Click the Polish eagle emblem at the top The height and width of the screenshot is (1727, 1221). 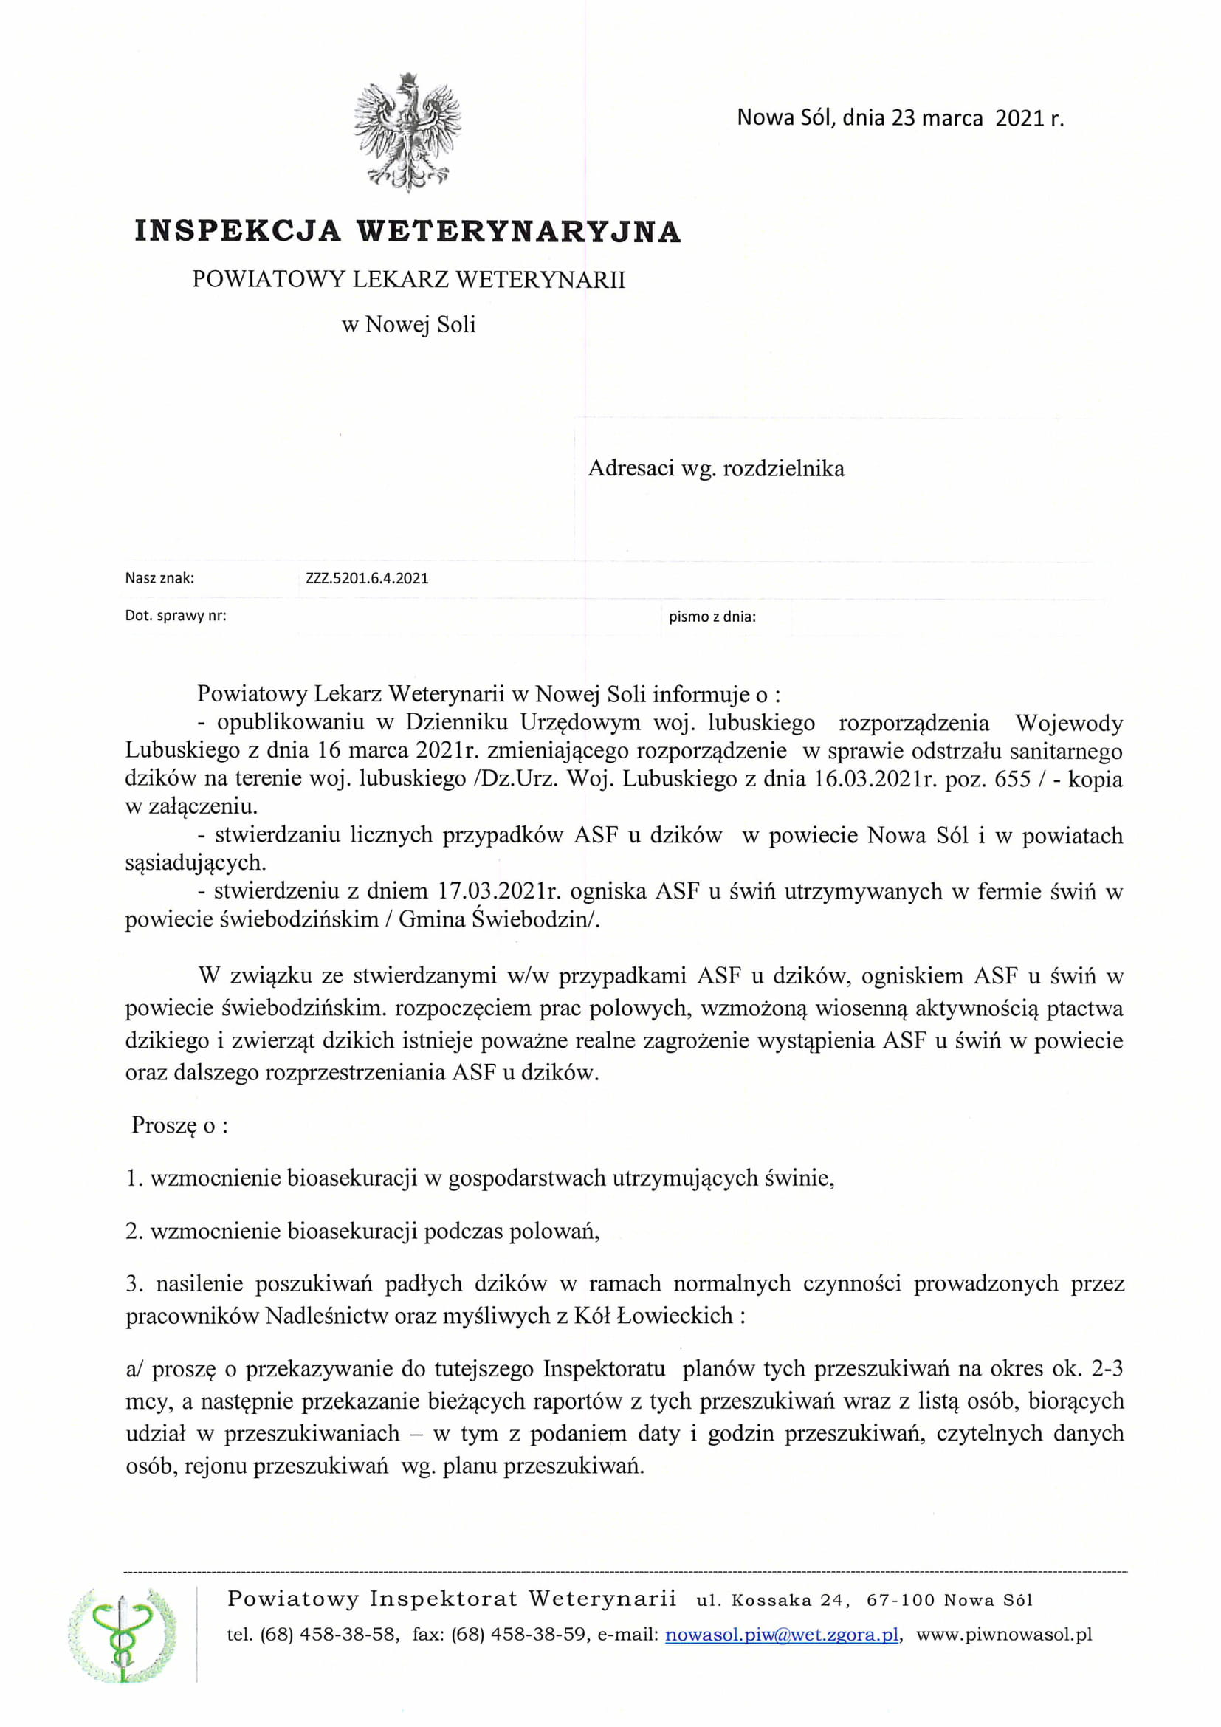click(x=407, y=132)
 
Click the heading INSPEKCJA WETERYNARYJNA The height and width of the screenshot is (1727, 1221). click(x=407, y=231)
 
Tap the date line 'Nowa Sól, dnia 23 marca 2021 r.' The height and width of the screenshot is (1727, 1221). click(x=900, y=118)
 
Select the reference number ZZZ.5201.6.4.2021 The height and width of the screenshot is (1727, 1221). click(x=367, y=578)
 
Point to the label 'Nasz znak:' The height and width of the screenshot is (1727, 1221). click(x=159, y=578)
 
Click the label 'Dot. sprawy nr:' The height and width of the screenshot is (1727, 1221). click(x=175, y=615)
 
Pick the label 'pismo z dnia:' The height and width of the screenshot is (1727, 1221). click(x=712, y=617)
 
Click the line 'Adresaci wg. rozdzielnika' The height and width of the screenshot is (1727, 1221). click(x=716, y=469)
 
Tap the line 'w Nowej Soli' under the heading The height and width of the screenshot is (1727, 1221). click(x=408, y=325)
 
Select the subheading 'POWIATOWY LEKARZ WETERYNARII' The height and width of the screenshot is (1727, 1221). click(x=408, y=280)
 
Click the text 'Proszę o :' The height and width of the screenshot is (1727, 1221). click(x=179, y=1125)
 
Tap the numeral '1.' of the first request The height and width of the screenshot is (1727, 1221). click(x=134, y=1178)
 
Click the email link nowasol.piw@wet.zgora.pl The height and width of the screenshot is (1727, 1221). click(x=782, y=1635)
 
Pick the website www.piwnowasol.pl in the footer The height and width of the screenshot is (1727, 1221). click(x=1004, y=1635)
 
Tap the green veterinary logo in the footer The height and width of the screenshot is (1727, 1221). click(x=123, y=1635)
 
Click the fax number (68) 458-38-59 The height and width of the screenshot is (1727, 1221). click(x=520, y=1635)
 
